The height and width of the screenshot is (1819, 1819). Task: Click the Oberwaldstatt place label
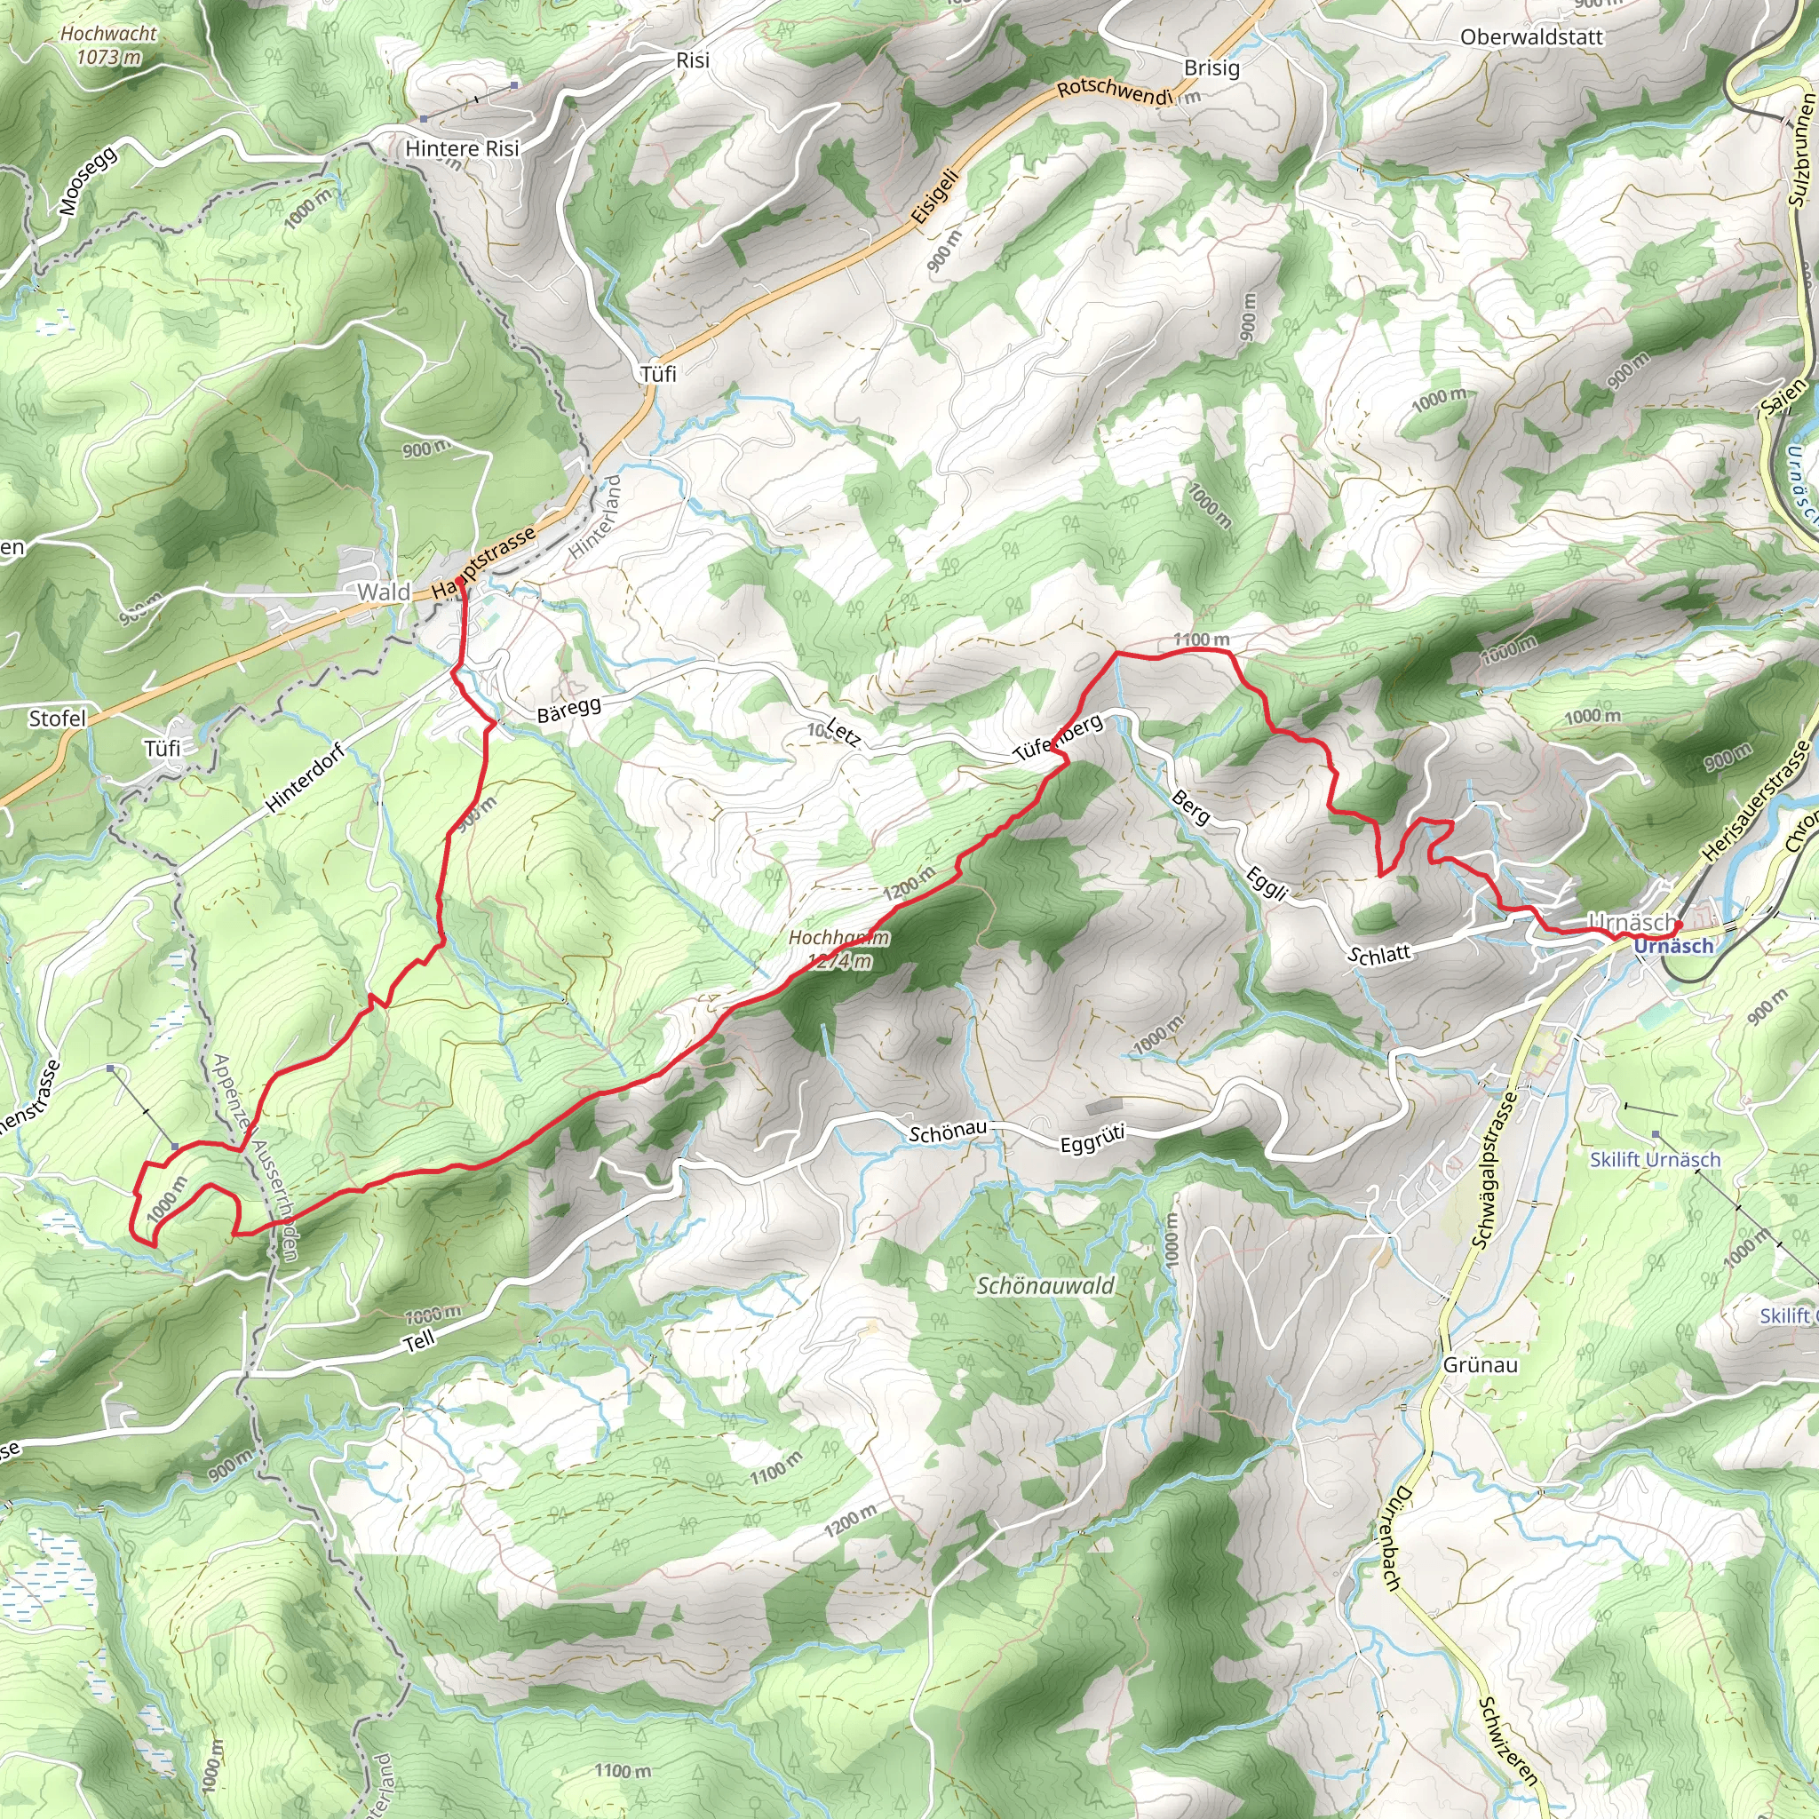(1531, 37)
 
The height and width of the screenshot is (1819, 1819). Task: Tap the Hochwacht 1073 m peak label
(108, 45)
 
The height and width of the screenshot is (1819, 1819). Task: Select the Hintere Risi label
(461, 148)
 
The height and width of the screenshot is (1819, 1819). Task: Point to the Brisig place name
(1211, 68)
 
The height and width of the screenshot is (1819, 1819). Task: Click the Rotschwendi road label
(1114, 91)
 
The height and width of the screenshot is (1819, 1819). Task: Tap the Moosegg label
(88, 181)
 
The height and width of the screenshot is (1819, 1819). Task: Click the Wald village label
(383, 592)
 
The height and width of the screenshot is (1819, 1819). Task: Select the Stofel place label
(58, 719)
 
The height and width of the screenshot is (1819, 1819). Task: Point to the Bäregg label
(568, 709)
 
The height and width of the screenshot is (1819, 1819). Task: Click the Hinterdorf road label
(305, 778)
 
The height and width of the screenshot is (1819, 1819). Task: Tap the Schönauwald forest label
(1045, 1286)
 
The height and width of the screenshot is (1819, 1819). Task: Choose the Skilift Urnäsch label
(1654, 1160)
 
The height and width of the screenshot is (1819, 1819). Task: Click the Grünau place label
(1480, 1365)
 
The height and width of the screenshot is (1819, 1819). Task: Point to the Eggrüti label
(1092, 1140)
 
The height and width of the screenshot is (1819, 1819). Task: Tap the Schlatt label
(1379, 955)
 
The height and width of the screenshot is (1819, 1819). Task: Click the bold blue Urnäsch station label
(1673, 946)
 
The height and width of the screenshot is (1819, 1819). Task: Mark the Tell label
(420, 1340)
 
